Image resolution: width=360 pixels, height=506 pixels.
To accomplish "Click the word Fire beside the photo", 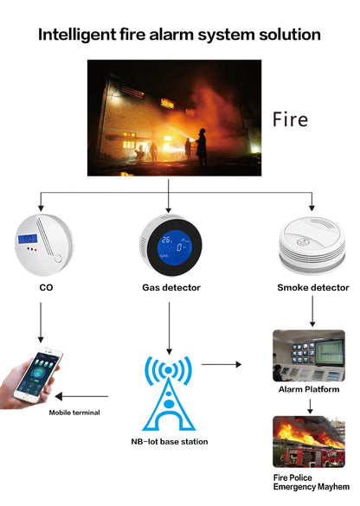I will click(x=290, y=118).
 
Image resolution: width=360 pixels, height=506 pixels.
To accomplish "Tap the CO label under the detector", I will click(x=46, y=287).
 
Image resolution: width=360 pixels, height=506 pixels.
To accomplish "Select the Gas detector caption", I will click(x=170, y=287).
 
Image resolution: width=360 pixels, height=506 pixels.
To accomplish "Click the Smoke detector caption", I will click(x=313, y=287).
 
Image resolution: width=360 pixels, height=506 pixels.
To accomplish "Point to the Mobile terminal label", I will click(x=74, y=413).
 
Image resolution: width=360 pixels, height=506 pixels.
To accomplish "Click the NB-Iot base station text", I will click(x=170, y=441).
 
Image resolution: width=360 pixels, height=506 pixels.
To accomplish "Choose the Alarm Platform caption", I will click(x=309, y=390).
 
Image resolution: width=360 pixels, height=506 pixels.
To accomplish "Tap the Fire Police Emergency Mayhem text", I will click(x=309, y=481).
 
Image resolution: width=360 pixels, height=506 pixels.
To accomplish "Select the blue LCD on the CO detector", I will click(x=28, y=237).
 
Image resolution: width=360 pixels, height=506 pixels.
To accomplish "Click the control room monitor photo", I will click(x=309, y=355).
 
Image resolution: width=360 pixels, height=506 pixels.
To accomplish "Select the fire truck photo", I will click(x=309, y=442).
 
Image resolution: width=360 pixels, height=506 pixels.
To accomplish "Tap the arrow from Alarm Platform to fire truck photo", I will click(x=310, y=405).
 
